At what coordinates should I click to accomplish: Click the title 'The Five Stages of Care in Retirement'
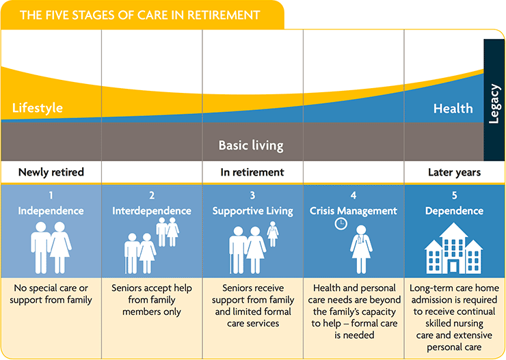coord(140,14)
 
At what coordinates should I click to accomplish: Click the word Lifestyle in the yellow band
coord(38,108)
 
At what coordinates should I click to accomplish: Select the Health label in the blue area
coord(453,108)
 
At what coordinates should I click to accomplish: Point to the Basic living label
coord(250,146)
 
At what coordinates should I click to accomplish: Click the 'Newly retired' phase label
coord(51,172)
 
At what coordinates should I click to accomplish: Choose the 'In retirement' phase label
coord(252,172)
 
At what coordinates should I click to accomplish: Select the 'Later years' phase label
coord(454,172)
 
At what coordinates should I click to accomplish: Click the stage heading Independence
coord(51,210)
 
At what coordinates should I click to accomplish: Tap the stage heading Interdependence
coord(152,210)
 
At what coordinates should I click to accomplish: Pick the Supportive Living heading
coord(252,210)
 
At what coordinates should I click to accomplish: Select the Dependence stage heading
coord(455,210)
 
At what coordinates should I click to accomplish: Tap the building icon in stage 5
coord(455,248)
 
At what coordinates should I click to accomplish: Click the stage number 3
coord(252,196)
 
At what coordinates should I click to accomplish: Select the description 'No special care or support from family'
coord(51,294)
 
